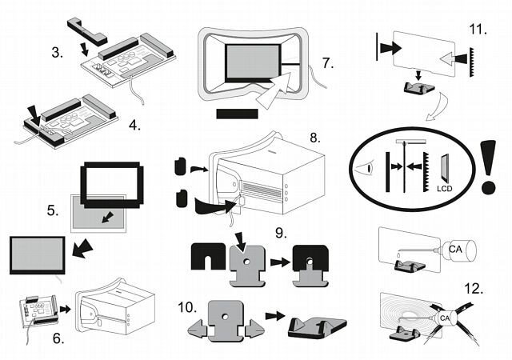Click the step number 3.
(x=57, y=54)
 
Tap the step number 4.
(x=134, y=125)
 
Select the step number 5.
(x=52, y=211)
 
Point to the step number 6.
(x=58, y=338)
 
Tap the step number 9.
(x=281, y=234)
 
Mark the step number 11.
(x=478, y=30)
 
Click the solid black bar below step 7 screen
(x=237, y=114)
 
